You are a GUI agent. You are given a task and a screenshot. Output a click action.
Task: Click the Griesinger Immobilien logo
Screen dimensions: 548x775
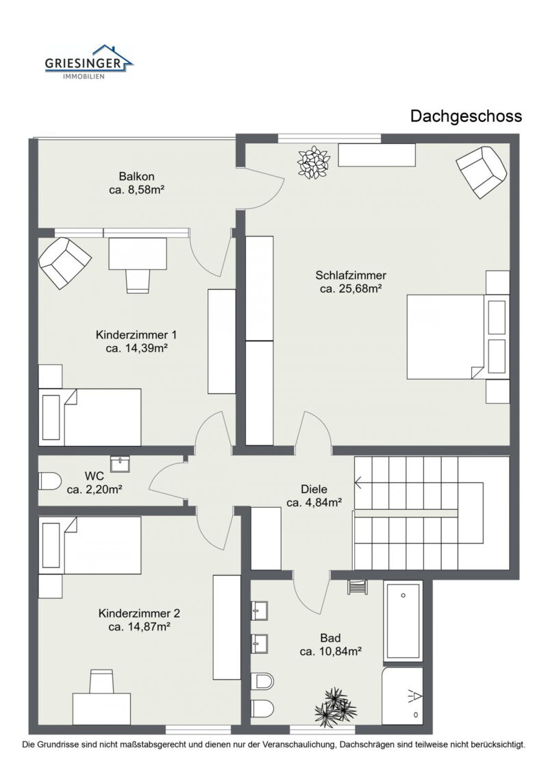pyautogui.click(x=89, y=62)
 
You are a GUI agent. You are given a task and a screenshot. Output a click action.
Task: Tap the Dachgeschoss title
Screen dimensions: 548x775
pyautogui.click(x=466, y=116)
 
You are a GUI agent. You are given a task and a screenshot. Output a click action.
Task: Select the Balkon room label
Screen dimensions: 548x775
pyautogui.click(x=136, y=177)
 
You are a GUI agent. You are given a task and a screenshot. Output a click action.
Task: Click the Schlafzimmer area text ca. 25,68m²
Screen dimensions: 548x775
pyautogui.click(x=351, y=289)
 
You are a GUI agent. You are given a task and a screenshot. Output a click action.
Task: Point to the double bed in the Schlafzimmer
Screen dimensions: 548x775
pyautogui.click(x=458, y=336)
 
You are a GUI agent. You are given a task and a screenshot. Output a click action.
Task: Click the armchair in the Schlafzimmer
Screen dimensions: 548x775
pyautogui.click(x=482, y=172)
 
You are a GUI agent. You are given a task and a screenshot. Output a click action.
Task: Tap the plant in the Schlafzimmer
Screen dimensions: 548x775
pyautogui.click(x=313, y=162)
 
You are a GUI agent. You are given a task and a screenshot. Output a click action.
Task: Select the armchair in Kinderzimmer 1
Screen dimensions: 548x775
pyautogui.click(x=64, y=263)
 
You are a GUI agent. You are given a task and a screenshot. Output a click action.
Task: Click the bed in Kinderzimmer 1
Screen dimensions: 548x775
pyautogui.click(x=90, y=417)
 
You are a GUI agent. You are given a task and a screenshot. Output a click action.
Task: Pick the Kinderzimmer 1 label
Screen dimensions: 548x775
pyautogui.click(x=136, y=335)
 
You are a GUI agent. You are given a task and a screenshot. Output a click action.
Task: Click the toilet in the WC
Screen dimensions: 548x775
pyautogui.click(x=50, y=481)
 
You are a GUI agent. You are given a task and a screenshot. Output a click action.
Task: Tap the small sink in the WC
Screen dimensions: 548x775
pyautogui.click(x=120, y=464)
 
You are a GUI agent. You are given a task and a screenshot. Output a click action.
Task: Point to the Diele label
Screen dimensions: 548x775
pyautogui.click(x=314, y=489)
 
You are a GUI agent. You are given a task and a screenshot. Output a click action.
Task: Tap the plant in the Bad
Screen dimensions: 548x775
pyautogui.click(x=336, y=704)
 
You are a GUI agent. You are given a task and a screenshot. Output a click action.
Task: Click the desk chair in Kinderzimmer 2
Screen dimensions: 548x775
pyautogui.click(x=102, y=681)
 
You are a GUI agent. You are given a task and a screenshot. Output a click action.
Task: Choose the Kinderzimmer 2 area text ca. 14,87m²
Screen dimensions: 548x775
pyautogui.click(x=139, y=627)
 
